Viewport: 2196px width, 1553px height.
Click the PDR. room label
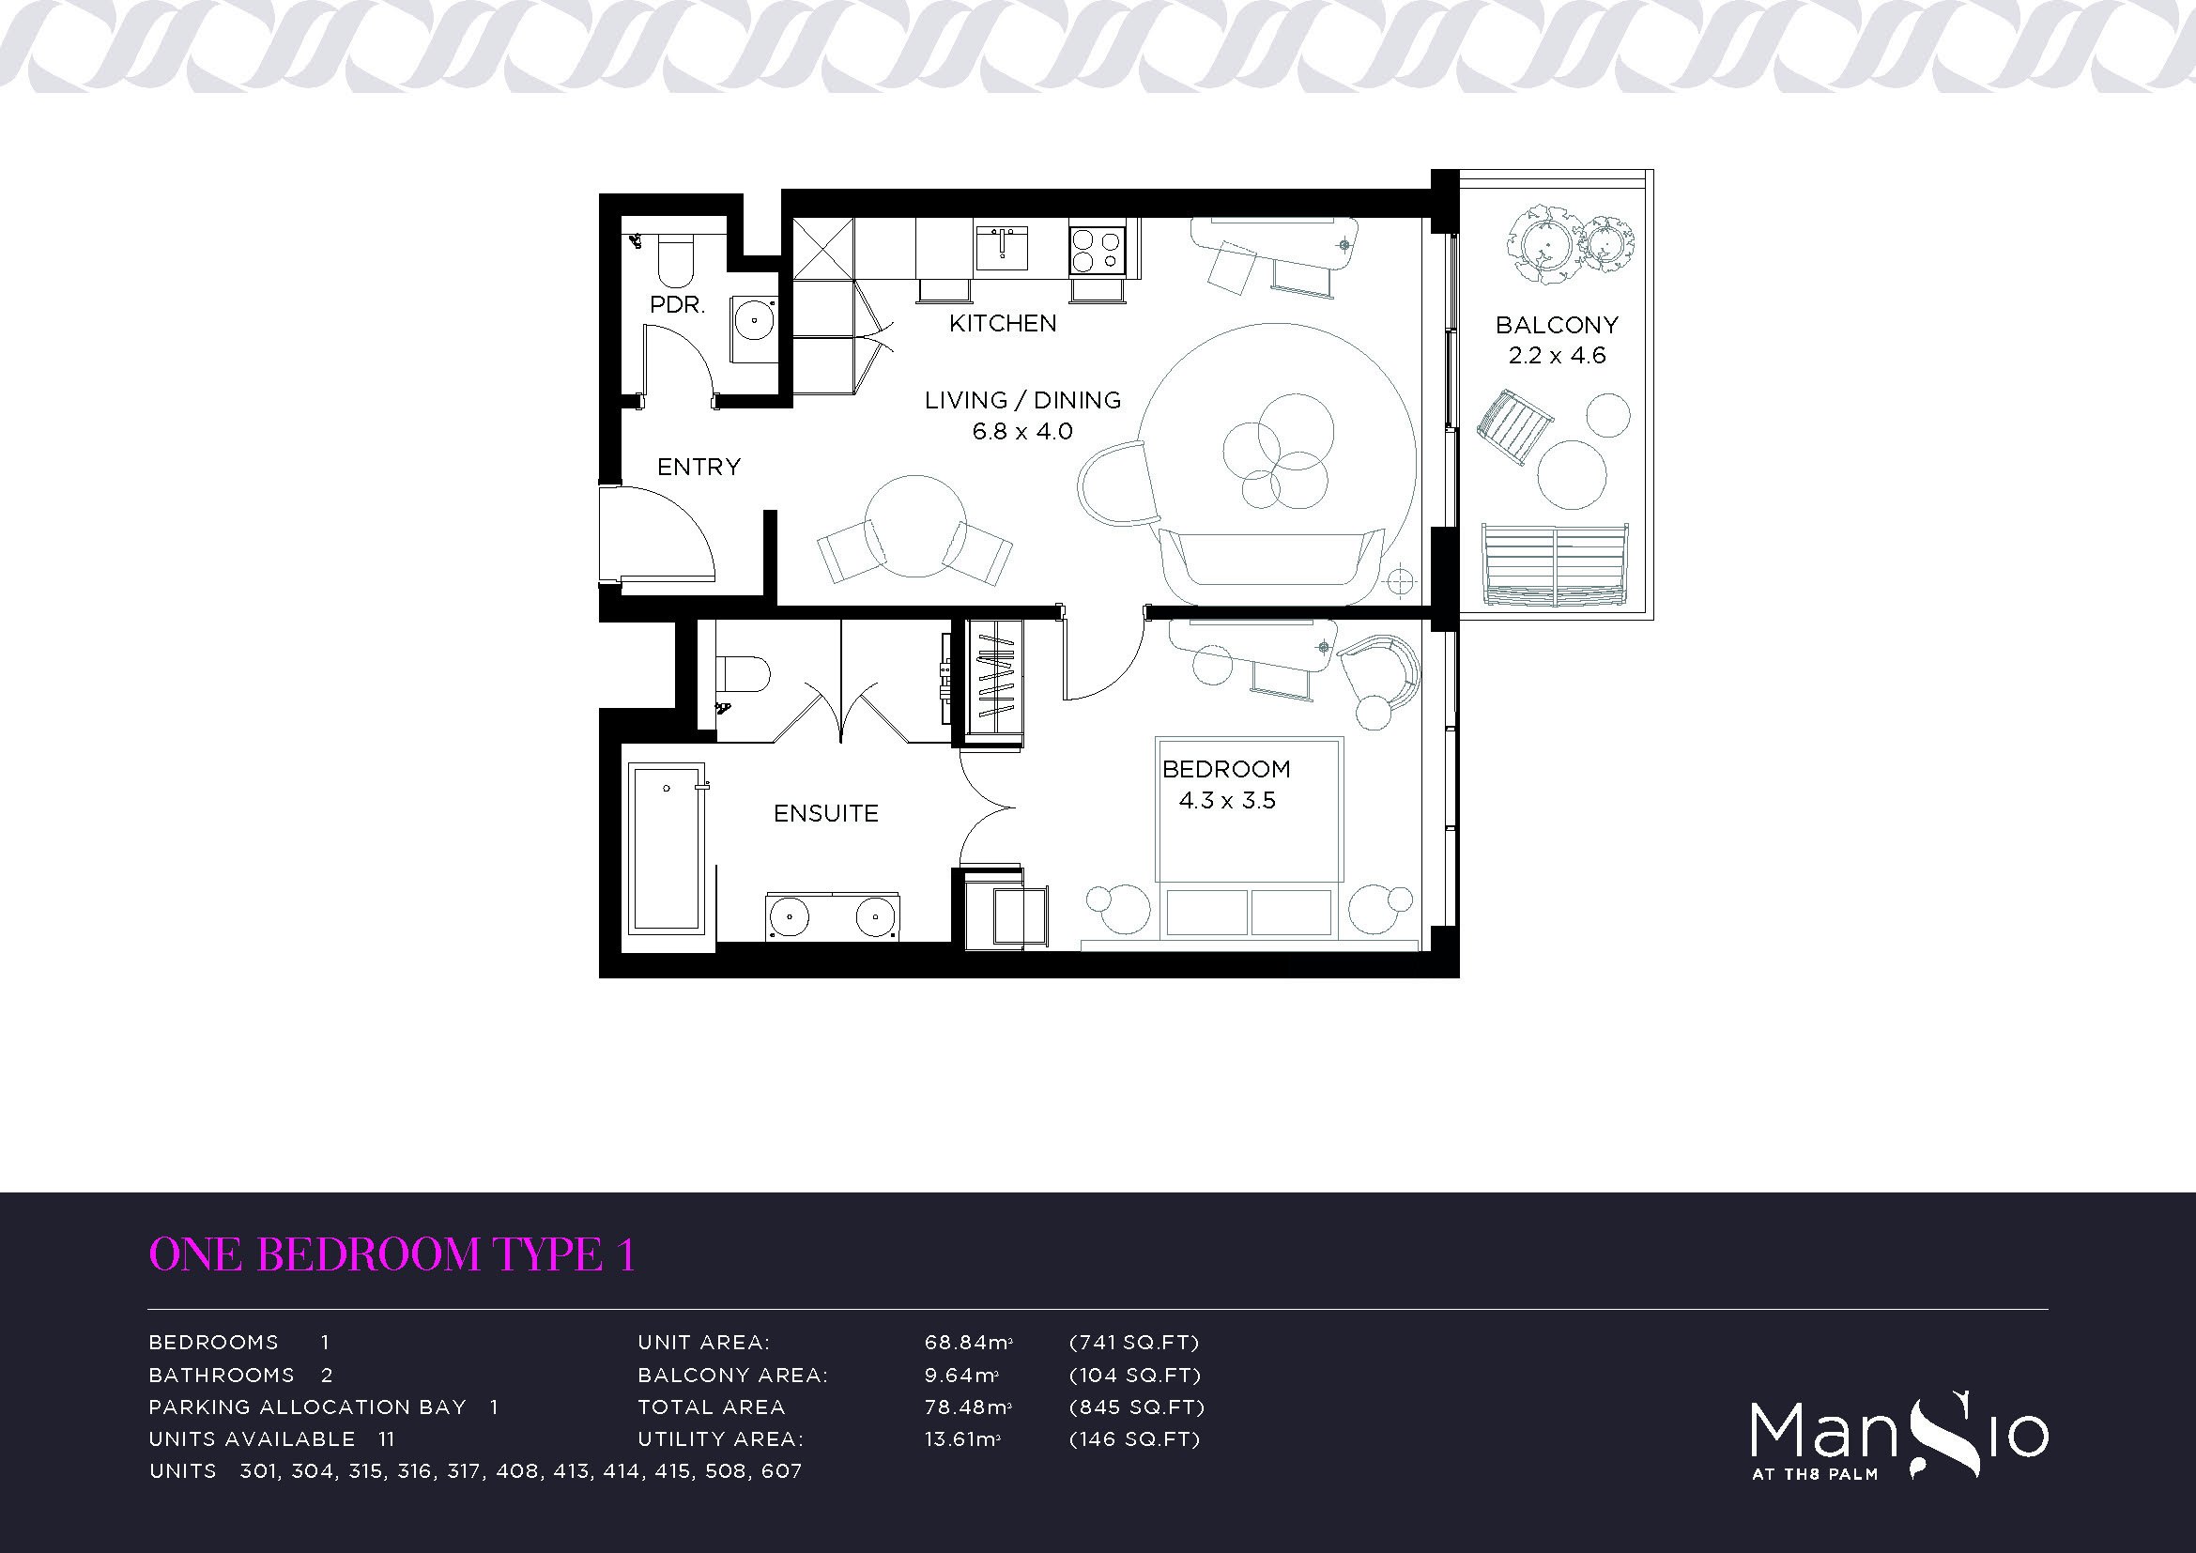[677, 306]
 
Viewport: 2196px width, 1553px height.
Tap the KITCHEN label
[1003, 324]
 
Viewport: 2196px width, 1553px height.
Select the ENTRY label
[699, 467]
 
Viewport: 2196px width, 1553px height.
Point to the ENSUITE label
[825, 814]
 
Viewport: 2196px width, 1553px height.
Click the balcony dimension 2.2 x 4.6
[1557, 356]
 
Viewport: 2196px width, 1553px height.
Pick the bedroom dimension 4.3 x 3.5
[1227, 800]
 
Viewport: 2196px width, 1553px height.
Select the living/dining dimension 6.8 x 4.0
[1022, 431]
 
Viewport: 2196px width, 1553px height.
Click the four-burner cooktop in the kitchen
[1096, 252]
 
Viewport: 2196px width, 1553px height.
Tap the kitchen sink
[1002, 249]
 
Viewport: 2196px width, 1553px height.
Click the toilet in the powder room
[674, 263]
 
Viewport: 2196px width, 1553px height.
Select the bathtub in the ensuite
[667, 847]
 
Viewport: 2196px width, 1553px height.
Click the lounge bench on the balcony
[1555, 564]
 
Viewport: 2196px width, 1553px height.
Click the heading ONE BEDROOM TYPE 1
[392, 1254]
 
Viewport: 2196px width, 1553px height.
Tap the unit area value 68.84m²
[968, 1343]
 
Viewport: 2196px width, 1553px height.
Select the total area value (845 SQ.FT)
[1136, 1407]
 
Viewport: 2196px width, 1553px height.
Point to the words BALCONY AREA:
[732, 1376]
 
